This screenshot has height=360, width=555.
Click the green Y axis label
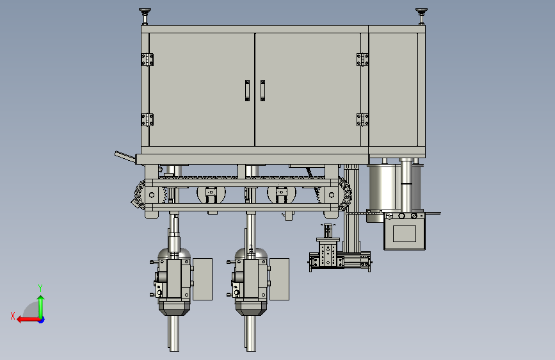pos(40,288)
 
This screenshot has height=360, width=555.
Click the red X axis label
pos(13,316)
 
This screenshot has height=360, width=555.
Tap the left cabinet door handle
pos(247,91)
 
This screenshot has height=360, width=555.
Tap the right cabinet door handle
pos(262,91)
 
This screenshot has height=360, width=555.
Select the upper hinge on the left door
pos(147,60)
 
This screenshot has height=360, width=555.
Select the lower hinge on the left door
pos(147,120)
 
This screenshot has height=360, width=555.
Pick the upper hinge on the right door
pos(362,60)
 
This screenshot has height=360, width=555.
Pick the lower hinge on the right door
pos(362,120)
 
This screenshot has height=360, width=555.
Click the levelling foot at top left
pos(145,16)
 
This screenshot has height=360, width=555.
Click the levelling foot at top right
pos(421,16)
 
